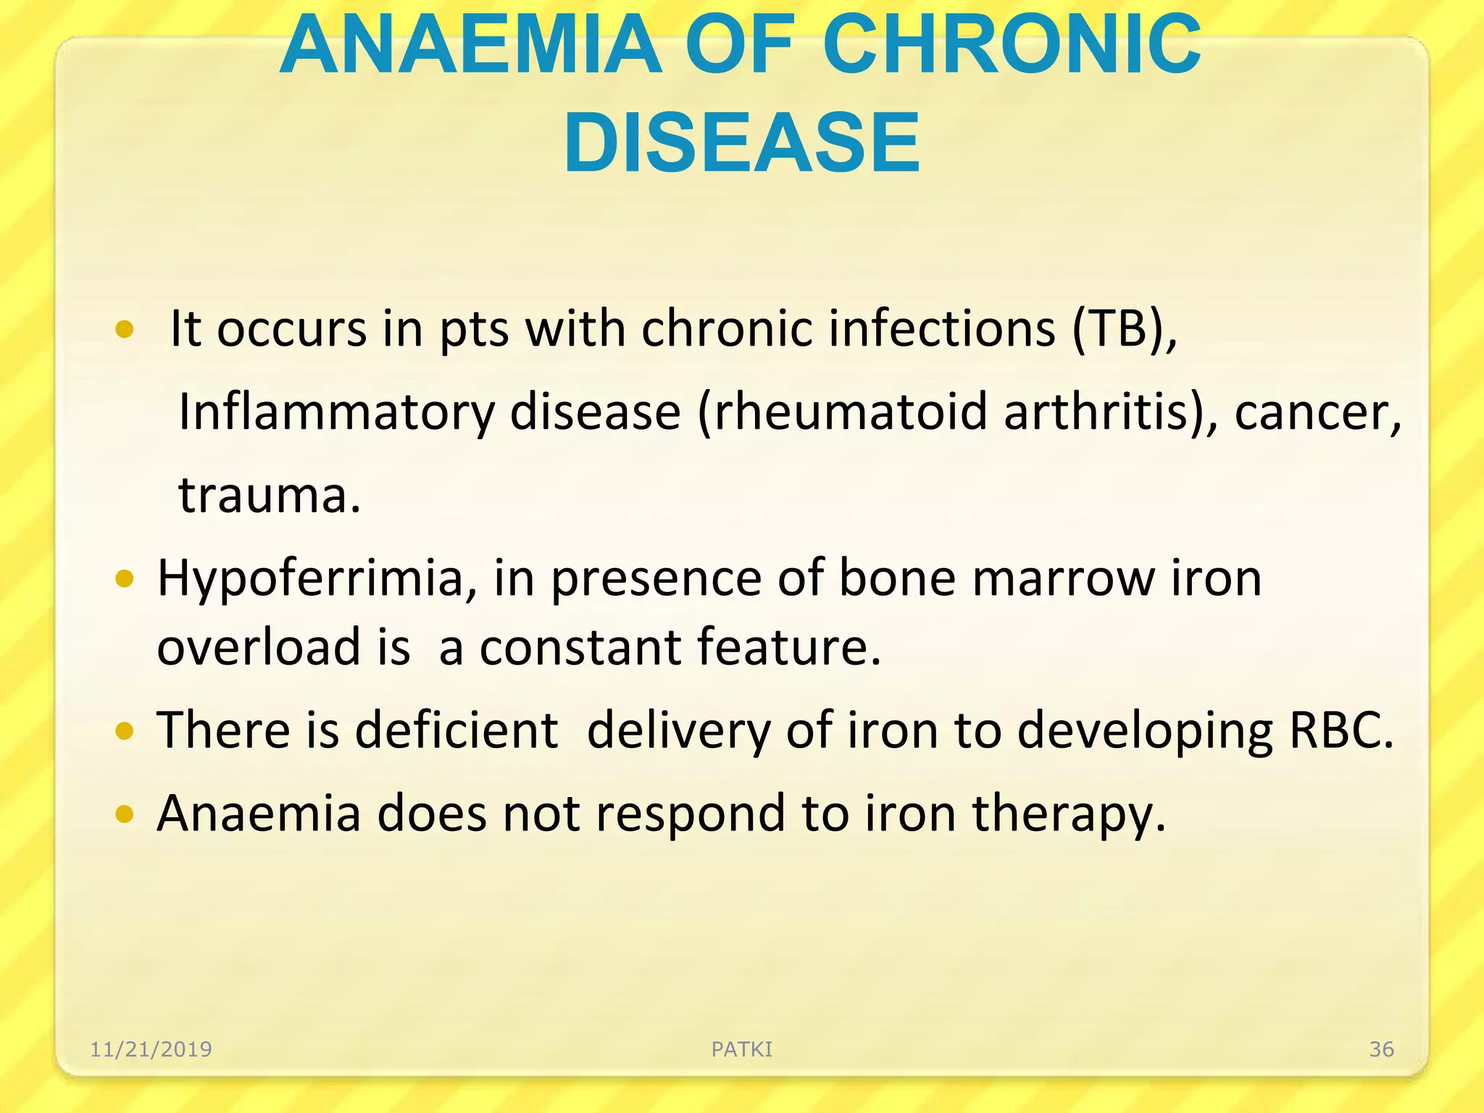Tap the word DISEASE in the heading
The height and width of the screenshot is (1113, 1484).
[x=741, y=143]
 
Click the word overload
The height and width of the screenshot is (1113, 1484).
[x=259, y=646]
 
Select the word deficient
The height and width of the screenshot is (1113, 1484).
[x=457, y=730]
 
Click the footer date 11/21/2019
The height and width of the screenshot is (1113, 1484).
[x=151, y=1049]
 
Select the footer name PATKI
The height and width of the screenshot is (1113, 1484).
[x=742, y=1049]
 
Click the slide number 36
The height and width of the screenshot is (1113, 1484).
[x=1381, y=1049]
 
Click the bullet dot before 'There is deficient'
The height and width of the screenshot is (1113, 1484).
[x=125, y=732]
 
